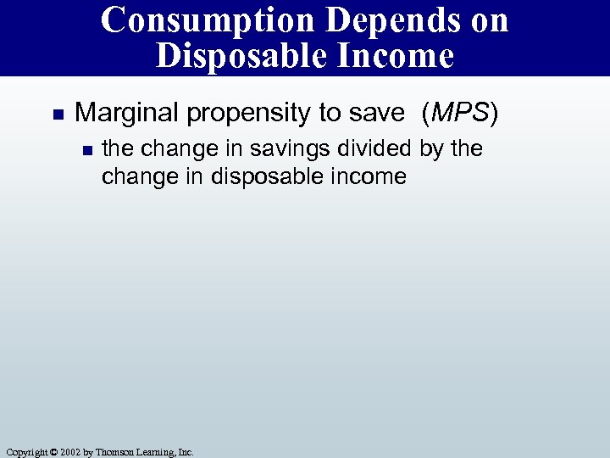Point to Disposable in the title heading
coord(239,56)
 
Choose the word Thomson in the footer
coord(114,452)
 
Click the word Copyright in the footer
coord(25,452)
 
